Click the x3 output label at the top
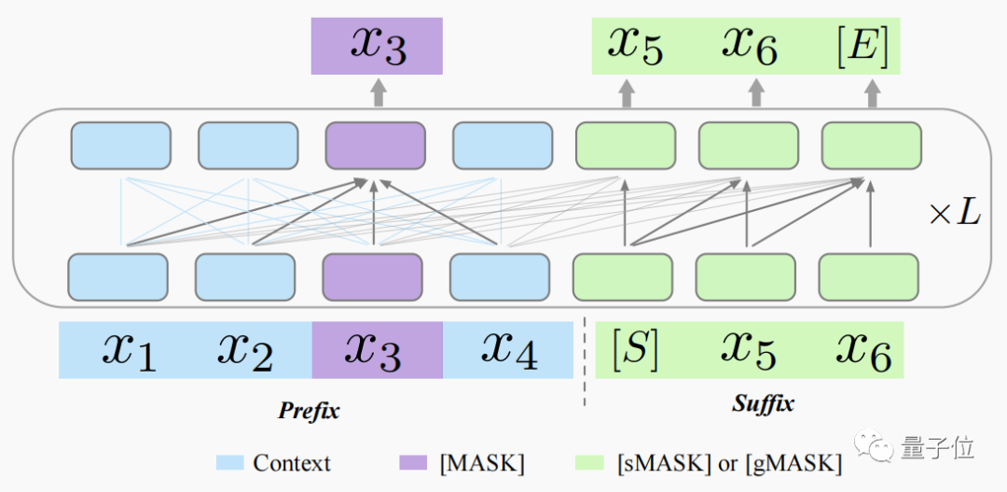[377, 45]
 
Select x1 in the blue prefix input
[129, 350]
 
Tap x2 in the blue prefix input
[244, 350]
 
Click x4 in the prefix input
[509, 350]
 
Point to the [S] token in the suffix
[635, 348]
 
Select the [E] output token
[862, 44]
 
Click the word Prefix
[309, 410]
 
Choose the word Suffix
[763, 404]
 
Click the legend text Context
[292, 463]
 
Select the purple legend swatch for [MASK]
[412, 463]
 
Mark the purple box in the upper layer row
[375, 145]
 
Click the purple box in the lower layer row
[372, 276]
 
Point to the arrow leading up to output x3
[378, 92]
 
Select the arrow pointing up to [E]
[871, 92]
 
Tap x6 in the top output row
[751, 44]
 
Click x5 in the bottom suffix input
[749, 348]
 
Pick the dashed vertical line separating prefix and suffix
[585, 364]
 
